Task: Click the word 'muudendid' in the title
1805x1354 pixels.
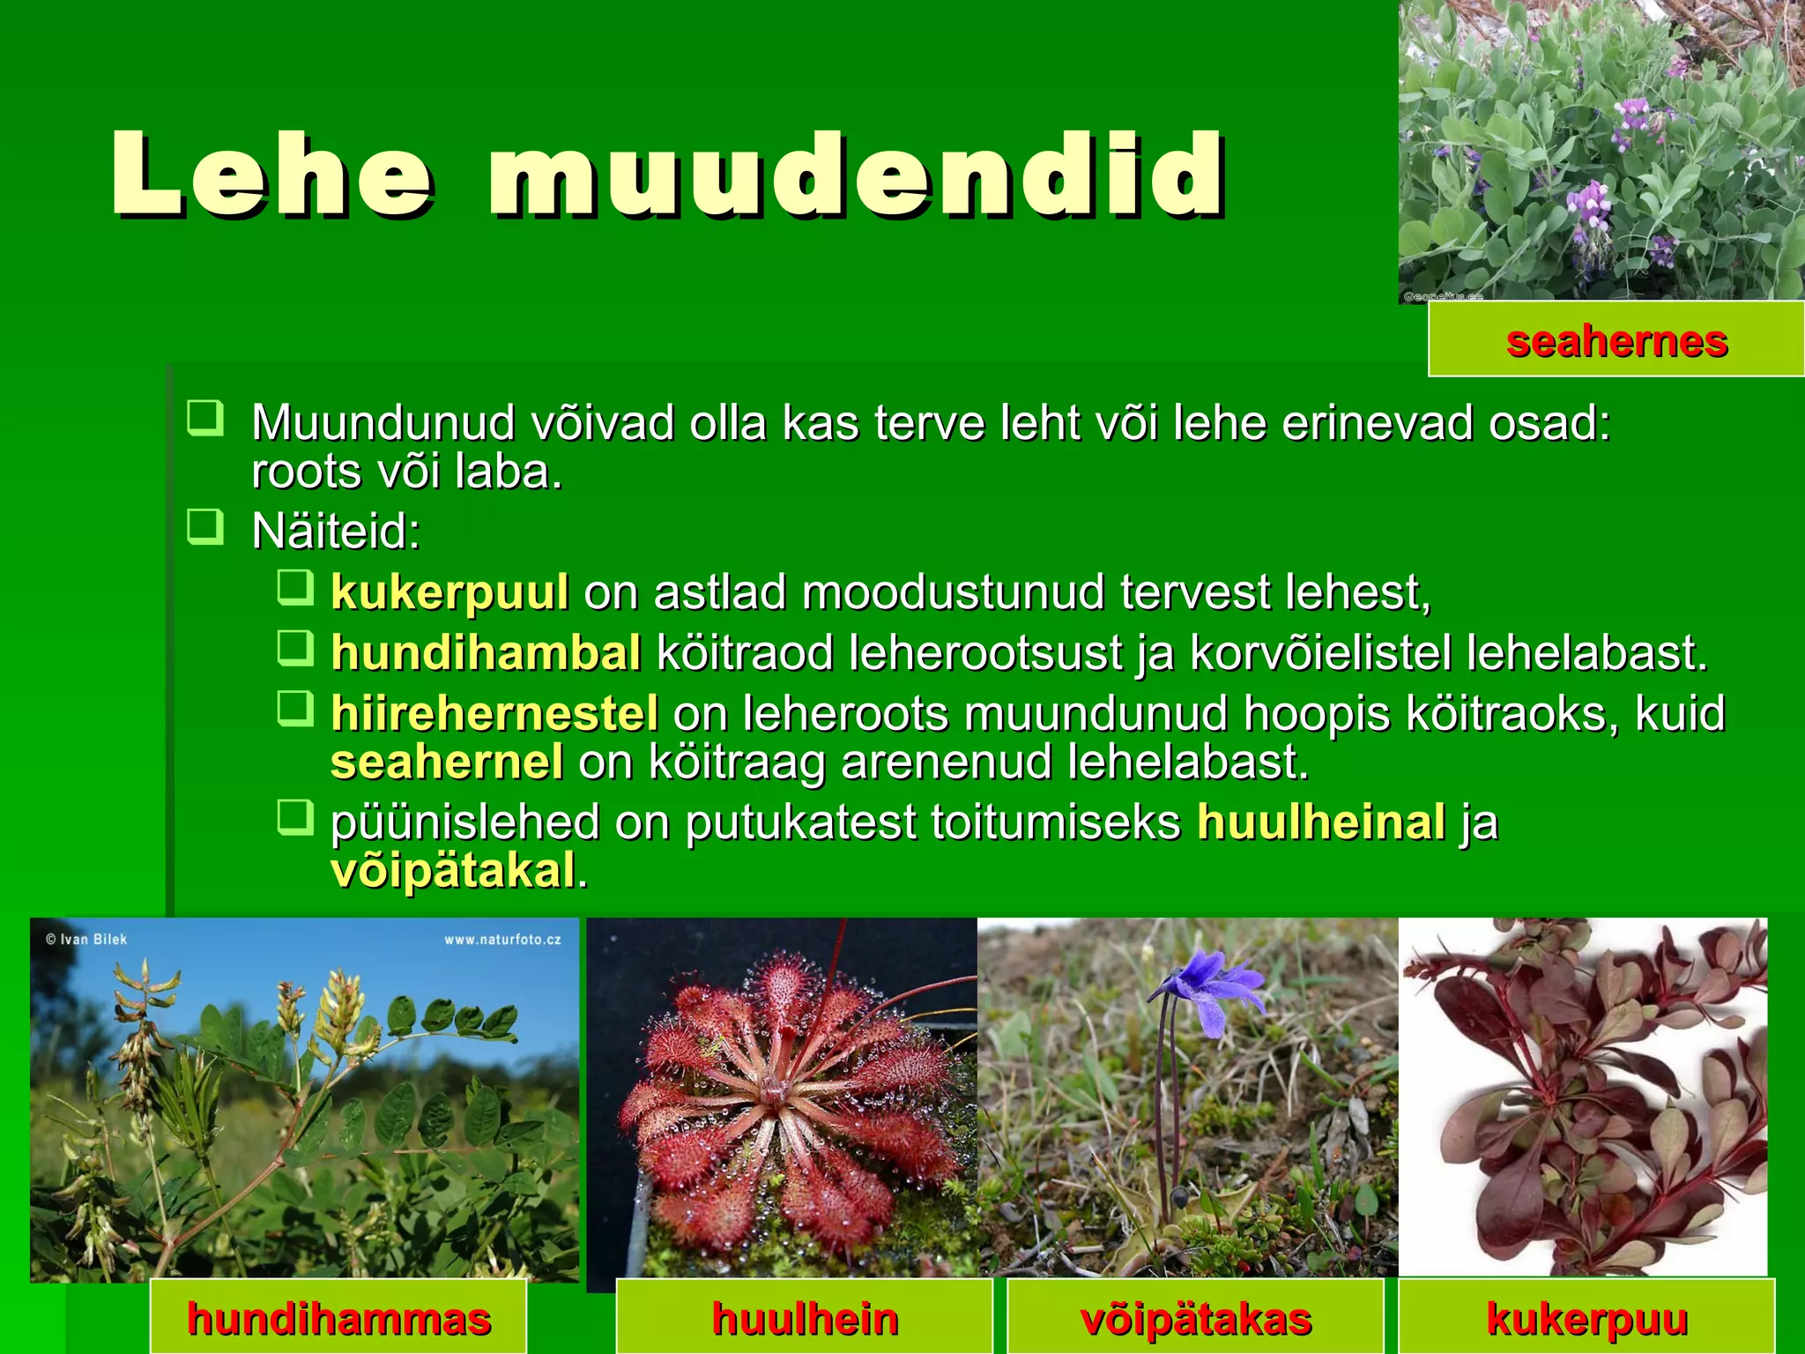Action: pos(855,175)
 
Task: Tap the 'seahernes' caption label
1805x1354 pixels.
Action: pos(1616,341)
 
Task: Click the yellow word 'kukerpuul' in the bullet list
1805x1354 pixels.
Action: pos(449,592)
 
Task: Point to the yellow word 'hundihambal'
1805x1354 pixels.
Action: pos(486,653)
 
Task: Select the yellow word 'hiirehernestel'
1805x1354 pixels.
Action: pos(494,713)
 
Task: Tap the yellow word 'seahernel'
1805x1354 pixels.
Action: pos(447,762)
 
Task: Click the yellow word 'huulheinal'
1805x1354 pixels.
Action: pos(1321,822)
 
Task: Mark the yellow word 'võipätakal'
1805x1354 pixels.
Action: pos(454,871)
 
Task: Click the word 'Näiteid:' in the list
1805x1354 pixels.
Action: pos(336,532)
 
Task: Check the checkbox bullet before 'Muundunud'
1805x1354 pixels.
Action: pos(205,418)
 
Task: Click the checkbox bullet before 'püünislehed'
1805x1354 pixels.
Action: pos(295,817)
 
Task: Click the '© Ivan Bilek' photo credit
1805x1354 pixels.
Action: pos(86,940)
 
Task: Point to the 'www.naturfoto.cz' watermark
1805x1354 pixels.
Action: pos(502,940)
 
